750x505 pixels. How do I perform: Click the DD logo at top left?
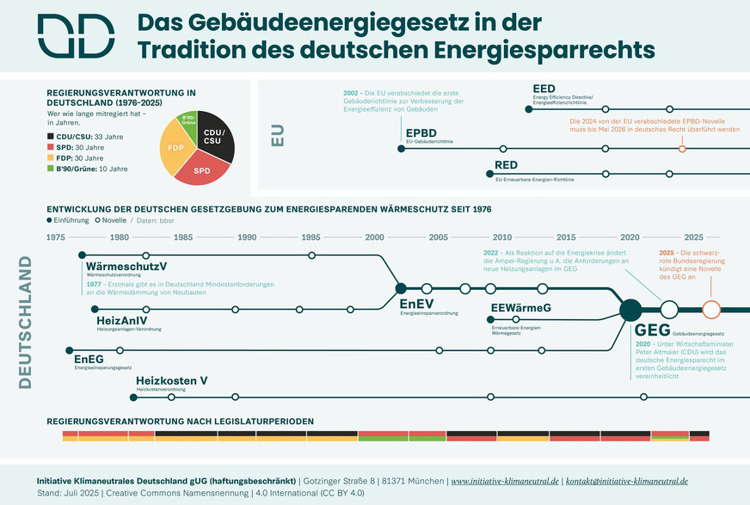(75, 37)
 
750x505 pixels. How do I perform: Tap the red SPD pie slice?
(203, 168)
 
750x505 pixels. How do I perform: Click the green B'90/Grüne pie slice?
(187, 120)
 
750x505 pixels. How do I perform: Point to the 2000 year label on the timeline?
(375, 237)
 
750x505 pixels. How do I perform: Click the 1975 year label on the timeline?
(57, 237)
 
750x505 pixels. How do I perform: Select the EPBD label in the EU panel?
(421, 132)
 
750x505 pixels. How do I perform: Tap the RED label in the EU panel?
(506, 166)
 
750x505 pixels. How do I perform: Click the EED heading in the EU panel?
(544, 89)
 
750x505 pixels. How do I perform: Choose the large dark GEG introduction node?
(630, 309)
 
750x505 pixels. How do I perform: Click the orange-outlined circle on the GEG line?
(710, 309)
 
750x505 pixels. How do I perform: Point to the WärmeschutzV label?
(126, 267)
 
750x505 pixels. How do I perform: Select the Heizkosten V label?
(172, 380)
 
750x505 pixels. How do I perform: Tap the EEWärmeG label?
(520, 308)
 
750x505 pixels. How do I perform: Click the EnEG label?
(89, 359)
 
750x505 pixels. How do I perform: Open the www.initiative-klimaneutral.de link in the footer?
(505, 480)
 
